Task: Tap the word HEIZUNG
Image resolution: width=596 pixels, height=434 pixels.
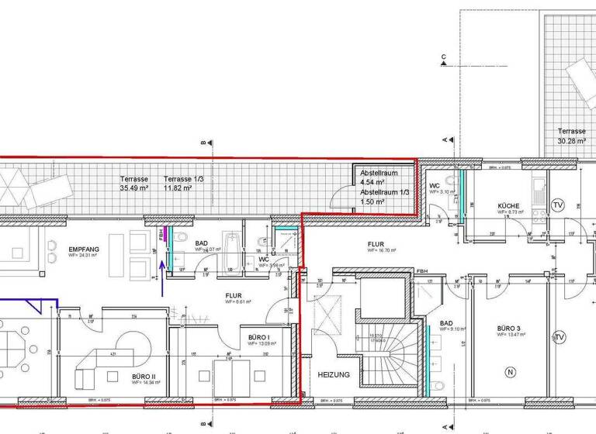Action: click(333, 374)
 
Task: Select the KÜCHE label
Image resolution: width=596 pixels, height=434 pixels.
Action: click(509, 206)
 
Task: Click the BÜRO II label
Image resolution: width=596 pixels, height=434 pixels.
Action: click(144, 376)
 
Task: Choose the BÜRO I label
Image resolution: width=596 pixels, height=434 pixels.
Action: click(258, 338)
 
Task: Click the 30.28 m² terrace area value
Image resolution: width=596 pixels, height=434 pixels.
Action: click(572, 141)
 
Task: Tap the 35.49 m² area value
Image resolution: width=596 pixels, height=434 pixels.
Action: click(133, 188)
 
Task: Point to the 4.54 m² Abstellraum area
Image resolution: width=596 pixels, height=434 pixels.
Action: click(372, 182)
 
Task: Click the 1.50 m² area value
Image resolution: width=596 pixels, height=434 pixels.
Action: click(372, 201)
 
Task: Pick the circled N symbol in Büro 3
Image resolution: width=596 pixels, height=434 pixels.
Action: click(510, 372)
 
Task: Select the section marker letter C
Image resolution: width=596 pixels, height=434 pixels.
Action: click(444, 57)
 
